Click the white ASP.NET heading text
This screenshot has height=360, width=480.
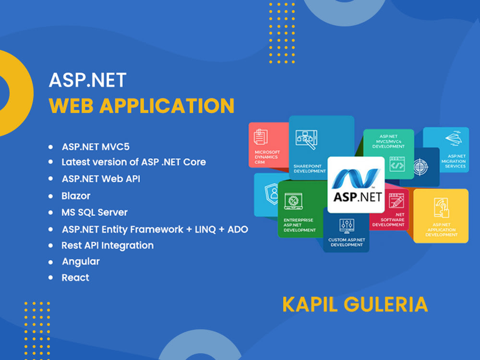click(x=87, y=80)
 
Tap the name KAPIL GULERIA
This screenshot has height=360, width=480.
click(x=355, y=304)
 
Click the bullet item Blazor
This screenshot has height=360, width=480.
click(x=76, y=196)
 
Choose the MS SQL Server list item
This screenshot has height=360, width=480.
click(x=95, y=212)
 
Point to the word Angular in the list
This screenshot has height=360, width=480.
click(x=81, y=262)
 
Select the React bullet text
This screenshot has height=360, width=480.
click(x=75, y=278)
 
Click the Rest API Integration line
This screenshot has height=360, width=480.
click(x=108, y=245)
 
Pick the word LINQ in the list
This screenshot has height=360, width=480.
click(x=205, y=229)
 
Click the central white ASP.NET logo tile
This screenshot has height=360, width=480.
click(x=356, y=185)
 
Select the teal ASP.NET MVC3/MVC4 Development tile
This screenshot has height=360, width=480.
click(x=388, y=149)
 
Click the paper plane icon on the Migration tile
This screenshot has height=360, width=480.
click(x=454, y=138)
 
